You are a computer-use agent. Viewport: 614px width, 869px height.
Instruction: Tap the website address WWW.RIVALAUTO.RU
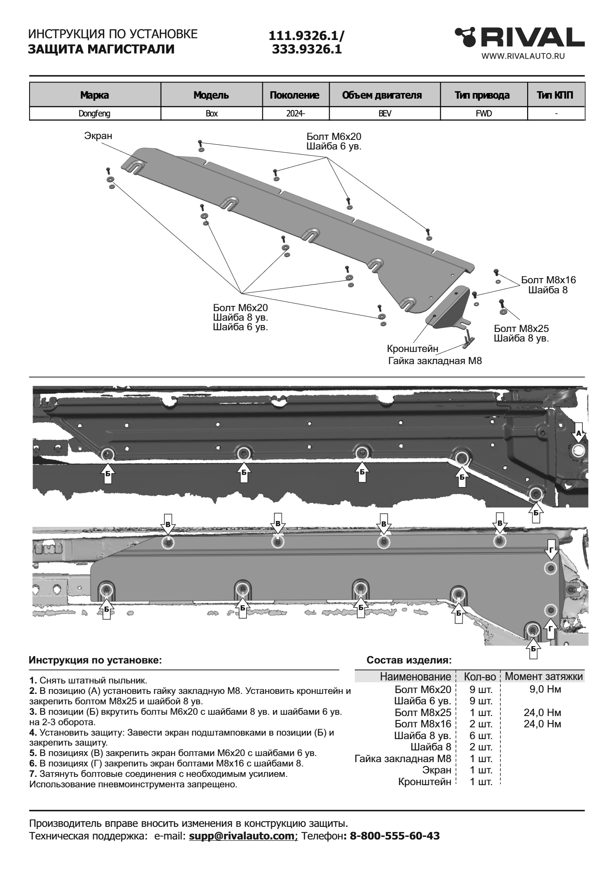[x=523, y=56]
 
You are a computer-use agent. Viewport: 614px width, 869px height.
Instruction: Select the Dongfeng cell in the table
[x=95, y=114]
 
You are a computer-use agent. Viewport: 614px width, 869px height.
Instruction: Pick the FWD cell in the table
[x=484, y=114]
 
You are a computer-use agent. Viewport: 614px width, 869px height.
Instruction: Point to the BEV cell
[x=384, y=114]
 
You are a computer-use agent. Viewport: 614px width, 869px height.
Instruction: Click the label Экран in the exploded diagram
[x=98, y=136]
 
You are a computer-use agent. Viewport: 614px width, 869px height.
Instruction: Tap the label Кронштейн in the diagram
[x=413, y=349]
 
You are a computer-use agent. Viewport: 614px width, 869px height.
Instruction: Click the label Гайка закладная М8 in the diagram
[x=435, y=361]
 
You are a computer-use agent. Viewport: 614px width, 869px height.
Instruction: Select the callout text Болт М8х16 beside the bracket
[x=548, y=280]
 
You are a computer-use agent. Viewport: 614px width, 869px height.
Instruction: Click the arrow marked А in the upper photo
[x=578, y=434]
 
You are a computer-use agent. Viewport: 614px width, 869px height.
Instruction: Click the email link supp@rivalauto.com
[x=242, y=836]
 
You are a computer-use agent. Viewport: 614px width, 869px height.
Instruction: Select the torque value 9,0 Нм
[x=545, y=689]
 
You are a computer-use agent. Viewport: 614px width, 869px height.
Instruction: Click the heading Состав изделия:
[x=409, y=660]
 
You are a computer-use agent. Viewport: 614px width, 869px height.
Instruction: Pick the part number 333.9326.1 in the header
[x=307, y=50]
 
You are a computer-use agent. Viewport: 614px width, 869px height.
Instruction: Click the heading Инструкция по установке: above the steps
[x=95, y=660]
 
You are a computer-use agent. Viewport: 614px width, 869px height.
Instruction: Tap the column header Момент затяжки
[x=544, y=677]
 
